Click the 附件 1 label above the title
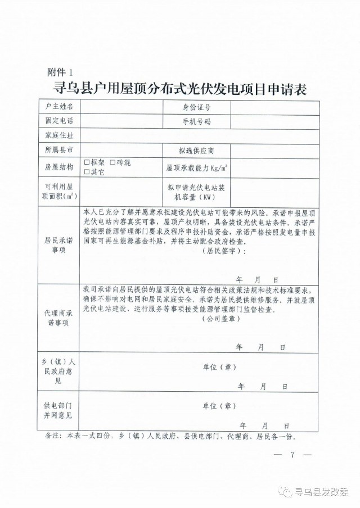[61, 72]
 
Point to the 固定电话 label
[59, 121]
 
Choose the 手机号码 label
[196, 121]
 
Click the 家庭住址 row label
[59, 136]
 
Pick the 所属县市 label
[59, 151]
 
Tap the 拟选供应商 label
[196, 151]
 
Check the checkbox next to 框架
[87, 162]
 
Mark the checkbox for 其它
[87, 172]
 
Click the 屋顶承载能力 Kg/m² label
[196, 167]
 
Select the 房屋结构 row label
[59, 167]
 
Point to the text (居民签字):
[223, 252]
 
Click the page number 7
[292, 454]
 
